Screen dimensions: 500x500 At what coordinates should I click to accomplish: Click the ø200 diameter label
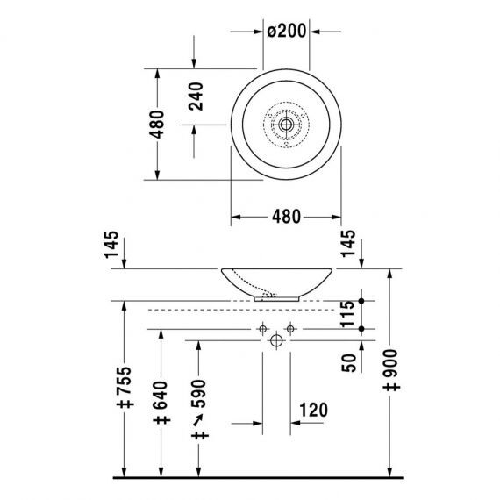(x=286, y=31)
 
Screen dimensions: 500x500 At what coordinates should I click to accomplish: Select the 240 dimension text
(x=196, y=96)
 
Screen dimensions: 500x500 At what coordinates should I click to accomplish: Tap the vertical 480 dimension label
(x=156, y=124)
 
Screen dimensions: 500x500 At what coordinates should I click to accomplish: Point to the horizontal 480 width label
(x=286, y=217)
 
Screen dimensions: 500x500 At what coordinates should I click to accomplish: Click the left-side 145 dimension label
(x=111, y=245)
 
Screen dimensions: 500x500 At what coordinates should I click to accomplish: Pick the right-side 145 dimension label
(x=348, y=243)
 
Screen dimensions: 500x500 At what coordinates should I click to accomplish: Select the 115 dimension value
(x=347, y=314)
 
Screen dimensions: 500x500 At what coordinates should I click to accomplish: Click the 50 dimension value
(x=348, y=363)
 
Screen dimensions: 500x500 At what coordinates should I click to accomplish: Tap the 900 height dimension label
(x=392, y=370)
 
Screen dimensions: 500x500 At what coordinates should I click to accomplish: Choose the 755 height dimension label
(x=125, y=387)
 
